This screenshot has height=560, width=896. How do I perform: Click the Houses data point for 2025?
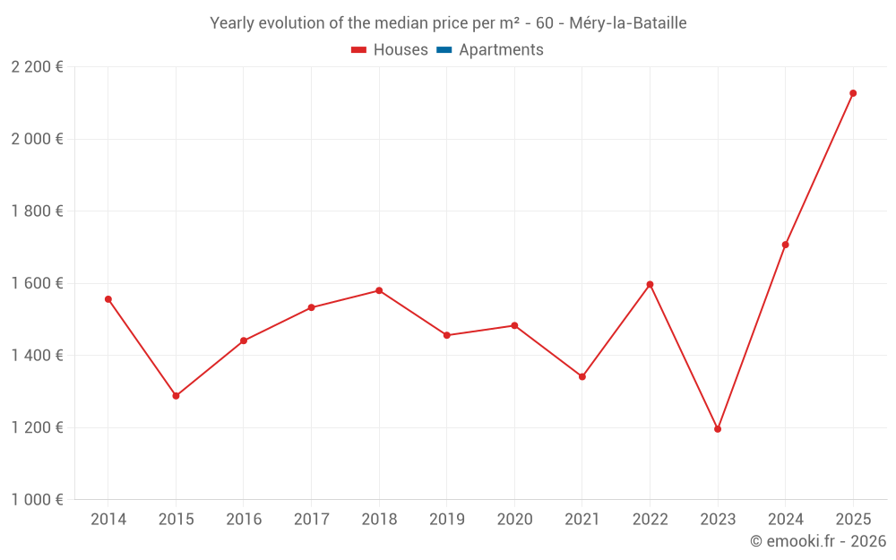(x=853, y=93)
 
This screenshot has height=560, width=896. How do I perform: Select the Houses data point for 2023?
(x=718, y=429)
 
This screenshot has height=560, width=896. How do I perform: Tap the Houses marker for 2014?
(x=108, y=299)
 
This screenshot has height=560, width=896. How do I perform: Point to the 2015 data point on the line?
(x=176, y=396)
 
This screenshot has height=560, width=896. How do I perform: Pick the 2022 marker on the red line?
(x=650, y=285)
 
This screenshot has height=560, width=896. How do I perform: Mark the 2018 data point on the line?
(x=379, y=290)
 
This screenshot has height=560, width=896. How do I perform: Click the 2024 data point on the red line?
(x=785, y=245)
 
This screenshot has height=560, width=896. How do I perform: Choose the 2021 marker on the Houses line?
(x=582, y=376)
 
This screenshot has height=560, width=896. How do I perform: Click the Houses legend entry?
(x=390, y=50)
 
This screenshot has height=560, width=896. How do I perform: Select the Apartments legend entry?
(x=490, y=50)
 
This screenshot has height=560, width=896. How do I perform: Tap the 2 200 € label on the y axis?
(x=38, y=67)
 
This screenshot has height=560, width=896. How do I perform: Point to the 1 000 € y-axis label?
(x=38, y=500)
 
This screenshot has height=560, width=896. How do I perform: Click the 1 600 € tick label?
(x=38, y=283)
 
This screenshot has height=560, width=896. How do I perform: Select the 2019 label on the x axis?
(x=447, y=520)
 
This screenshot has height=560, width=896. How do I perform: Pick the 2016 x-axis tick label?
(x=244, y=520)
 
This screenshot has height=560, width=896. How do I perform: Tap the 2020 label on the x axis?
(x=514, y=520)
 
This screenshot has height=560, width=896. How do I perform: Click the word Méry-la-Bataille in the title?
(x=628, y=23)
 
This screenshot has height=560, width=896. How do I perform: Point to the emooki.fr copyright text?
(x=818, y=541)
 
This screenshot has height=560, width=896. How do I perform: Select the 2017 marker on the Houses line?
(x=311, y=307)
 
